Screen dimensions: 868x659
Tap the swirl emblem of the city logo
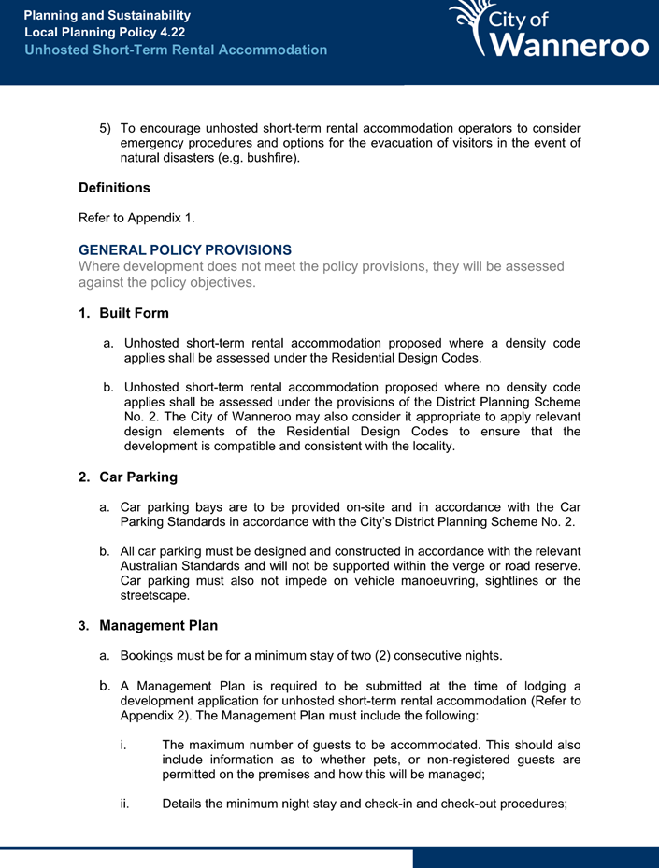point(469,25)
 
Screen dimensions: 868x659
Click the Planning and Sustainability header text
point(107,15)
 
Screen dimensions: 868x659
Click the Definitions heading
point(114,188)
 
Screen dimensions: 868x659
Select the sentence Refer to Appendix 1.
point(136,219)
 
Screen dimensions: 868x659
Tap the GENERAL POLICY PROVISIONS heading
point(185,249)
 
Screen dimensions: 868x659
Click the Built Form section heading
point(134,313)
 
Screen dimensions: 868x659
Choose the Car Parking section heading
point(137,477)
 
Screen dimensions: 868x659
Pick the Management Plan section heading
point(158,625)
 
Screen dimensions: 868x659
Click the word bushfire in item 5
point(268,159)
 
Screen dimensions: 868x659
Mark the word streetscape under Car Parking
point(154,595)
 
